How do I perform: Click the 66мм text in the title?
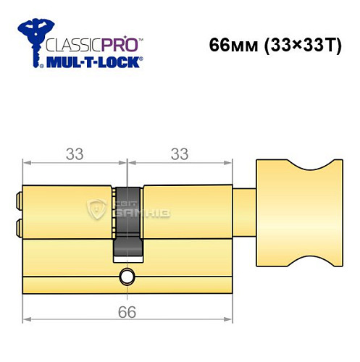pyautogui.click(x=231, y=45)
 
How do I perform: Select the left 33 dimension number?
pyautogui.click(x=74, y=153)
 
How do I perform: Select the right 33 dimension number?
pyautogui.click(x=178, y=153)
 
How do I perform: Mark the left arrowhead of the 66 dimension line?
pyautogui.click(x=26, y=319)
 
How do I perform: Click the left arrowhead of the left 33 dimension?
pyautogui.click(x=26, y=164)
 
